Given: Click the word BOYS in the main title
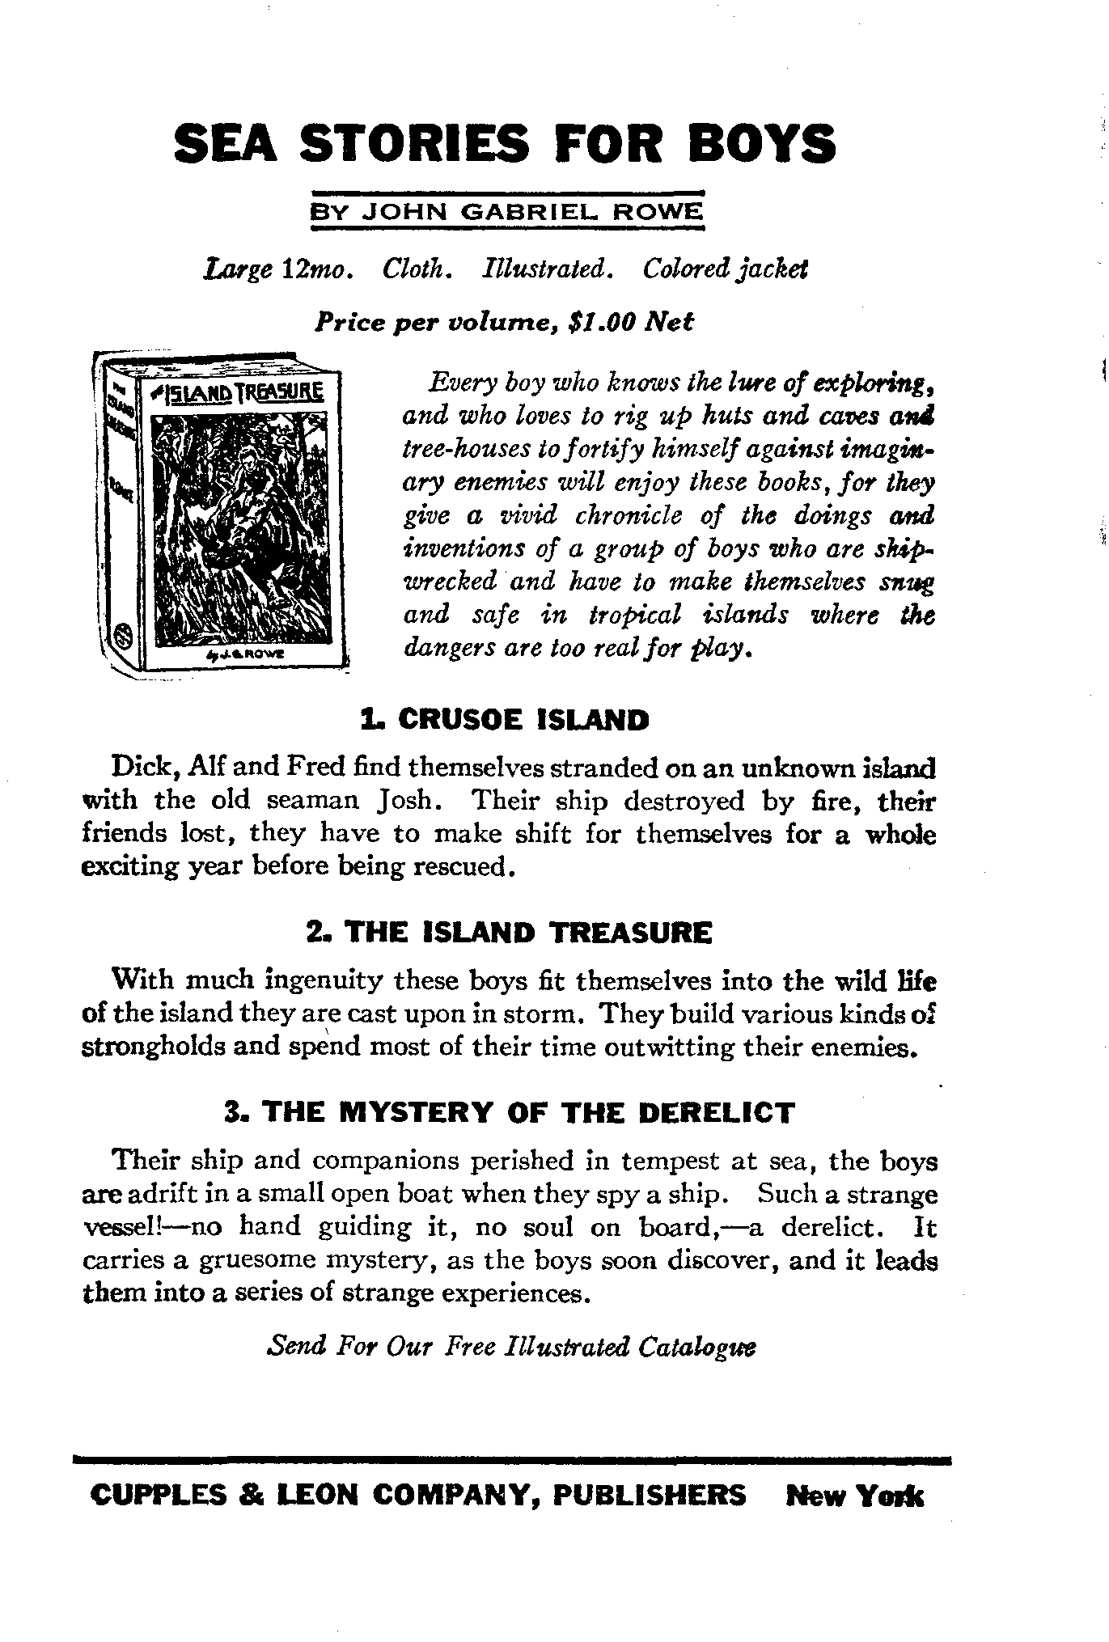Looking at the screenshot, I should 762,143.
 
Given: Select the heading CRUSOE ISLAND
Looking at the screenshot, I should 523,719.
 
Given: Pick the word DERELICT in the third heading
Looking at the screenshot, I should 716,1113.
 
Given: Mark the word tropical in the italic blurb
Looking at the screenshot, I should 634,616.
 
